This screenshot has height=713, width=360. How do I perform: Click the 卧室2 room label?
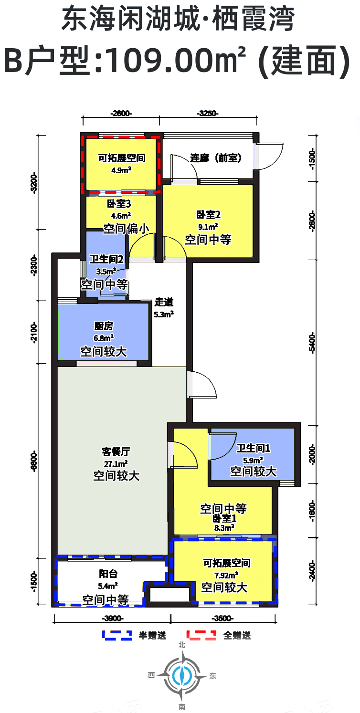click(x=208, y=215)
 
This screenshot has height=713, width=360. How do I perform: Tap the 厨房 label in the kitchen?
click(x=104, y=326)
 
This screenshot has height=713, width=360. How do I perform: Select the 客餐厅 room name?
click(x=116, y=451)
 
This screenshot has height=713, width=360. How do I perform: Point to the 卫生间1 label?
click(x=253, y=448)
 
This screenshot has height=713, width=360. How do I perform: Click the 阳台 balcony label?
click(x=108, y=574)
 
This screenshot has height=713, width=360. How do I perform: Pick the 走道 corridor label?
click(x=164, y=302)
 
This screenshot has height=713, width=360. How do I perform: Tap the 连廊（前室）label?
click(x=216, y=158)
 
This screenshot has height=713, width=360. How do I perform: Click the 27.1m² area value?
click(x=116, y=463)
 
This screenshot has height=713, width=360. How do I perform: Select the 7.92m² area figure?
click(x=226, y=575)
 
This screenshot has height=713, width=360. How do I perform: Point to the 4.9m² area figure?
click(x=121, y=170)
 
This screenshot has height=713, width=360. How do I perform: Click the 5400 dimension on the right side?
click(x=312, y=344)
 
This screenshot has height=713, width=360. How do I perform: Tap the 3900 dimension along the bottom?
click(x=113, y=618)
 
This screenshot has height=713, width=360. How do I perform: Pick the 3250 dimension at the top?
click(x=208, y=113)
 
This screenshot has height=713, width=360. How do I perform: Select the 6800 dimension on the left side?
click(x=34, y=461)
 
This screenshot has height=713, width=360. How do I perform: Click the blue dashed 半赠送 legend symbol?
click(x=117, y=635)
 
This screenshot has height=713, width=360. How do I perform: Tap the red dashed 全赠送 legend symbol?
click(x=201, y=635)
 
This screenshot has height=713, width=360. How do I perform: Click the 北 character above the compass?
click(x=182, y=645)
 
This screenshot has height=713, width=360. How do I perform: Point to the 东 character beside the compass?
click(x=213, y=676)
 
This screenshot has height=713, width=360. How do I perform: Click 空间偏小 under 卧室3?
click(x=126, y=229)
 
